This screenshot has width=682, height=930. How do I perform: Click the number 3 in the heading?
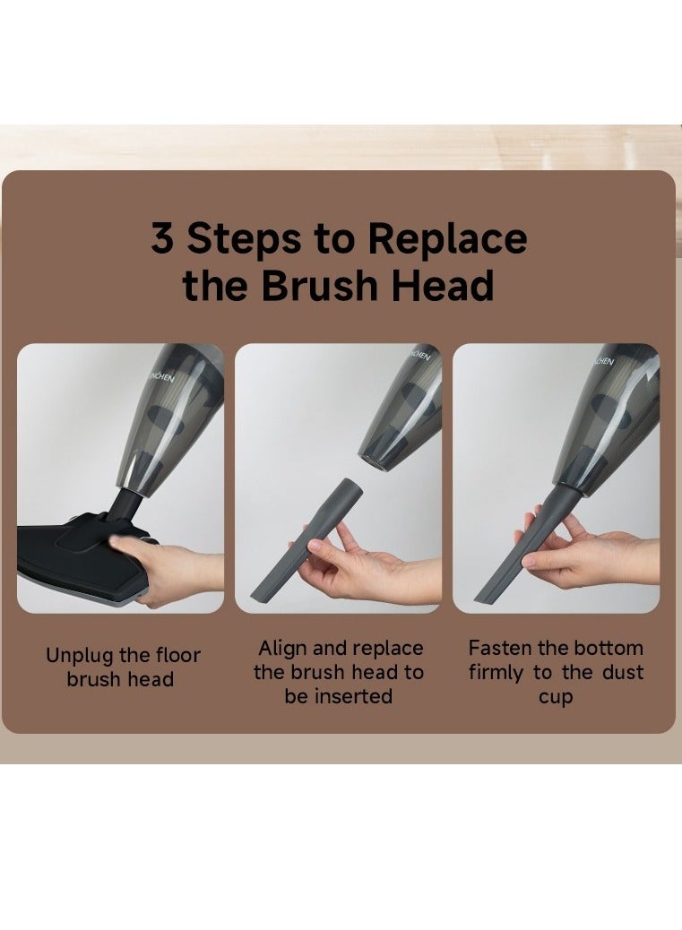coord(162,237)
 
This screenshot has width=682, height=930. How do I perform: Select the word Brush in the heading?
coord(320,285)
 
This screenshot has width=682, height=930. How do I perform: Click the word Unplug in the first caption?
coord(79,657)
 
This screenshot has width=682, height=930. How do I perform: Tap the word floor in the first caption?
coord(178,655)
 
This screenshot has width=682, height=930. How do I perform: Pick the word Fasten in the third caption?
coord(501,648)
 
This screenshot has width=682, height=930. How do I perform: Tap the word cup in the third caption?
coord(556,698)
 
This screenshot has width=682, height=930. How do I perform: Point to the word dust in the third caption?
coord(623,672)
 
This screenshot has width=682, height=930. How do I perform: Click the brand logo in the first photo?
coord(160,376)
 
